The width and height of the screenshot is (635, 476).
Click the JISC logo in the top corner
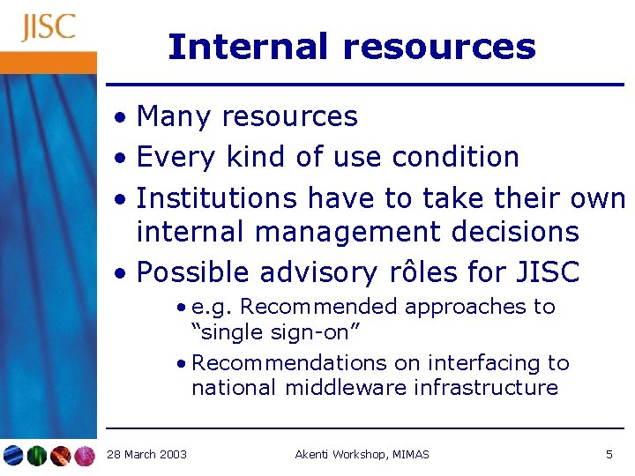pyautogui.click(x=49, y=27)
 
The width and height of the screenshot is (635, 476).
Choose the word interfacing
pyautogui.click(x=468, y=363)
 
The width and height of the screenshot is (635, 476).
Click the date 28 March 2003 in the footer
pyautogui.click(x=146, y=455)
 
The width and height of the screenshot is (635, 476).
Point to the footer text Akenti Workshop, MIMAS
pyautogui.click(x=362, y=455)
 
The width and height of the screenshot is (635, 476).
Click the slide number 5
pyautogui.click(x=609, y=455)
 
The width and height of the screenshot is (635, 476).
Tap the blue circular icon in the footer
pyautogui.click(x=13, y=456)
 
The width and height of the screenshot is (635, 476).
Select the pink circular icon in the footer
pyautogui.click(x=85, y=456)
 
